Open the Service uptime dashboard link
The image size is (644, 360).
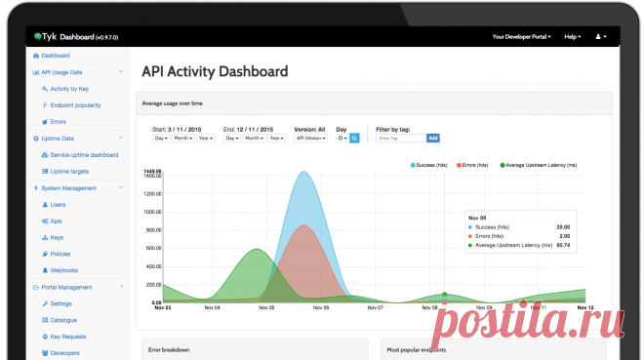pos(84,155)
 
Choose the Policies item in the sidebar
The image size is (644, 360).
pos(60,253)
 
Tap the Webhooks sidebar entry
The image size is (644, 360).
pos(64,269)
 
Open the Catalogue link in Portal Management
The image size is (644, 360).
pos(64,319)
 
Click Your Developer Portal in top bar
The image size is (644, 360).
pos(521,36)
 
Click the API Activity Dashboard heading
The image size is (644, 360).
pos(215,71)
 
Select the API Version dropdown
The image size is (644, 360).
pos(311,139)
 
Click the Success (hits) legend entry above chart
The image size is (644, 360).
pos(429,166)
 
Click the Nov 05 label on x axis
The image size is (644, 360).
pos(265,307)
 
